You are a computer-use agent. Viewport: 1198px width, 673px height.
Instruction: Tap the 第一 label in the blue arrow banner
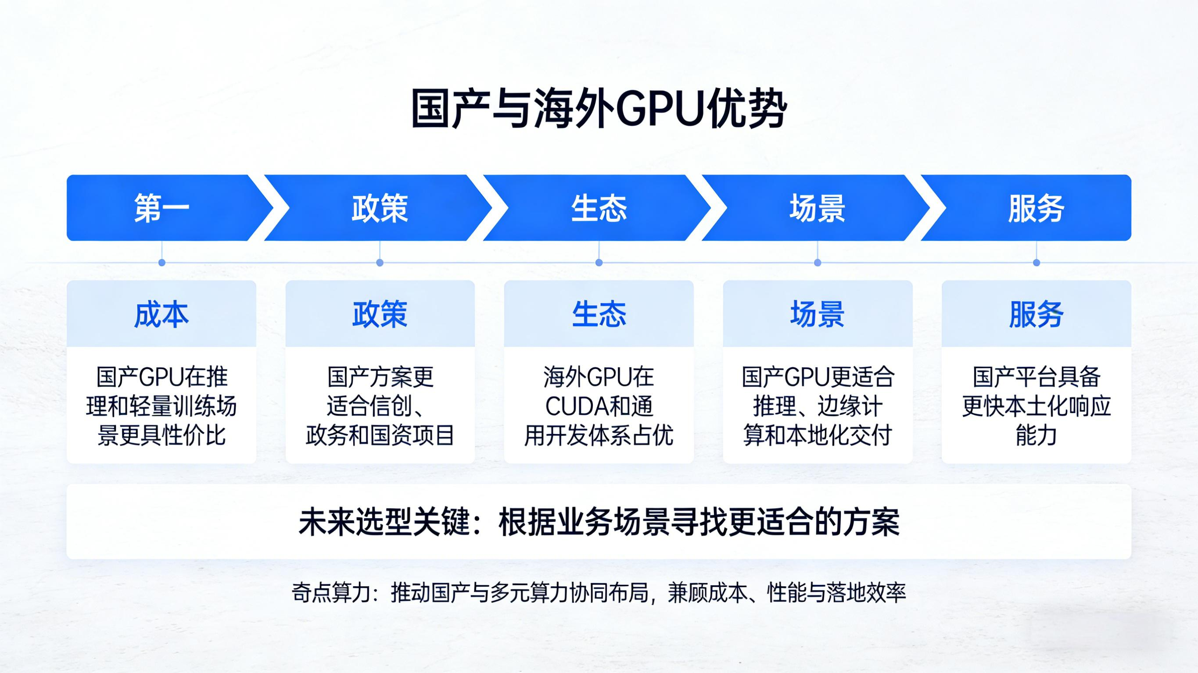pyautogui.click(x=161, y=208)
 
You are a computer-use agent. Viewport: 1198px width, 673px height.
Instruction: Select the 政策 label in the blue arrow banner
pyautogui.click(x=380, y=208)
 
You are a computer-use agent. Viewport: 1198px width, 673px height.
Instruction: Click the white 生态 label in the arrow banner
pyautogui.click(x=599, y=208)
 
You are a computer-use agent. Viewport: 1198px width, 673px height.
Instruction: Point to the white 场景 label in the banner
pyautogui.click(x=817, y=208)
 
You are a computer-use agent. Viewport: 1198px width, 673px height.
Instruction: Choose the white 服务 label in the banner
pyautogui.click(x=1036, y=208)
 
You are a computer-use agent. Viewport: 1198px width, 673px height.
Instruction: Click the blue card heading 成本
pyautogui.click(x=161, y=314)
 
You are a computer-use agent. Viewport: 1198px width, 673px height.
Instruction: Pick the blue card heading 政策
pyautogui.click(x=380, y=314)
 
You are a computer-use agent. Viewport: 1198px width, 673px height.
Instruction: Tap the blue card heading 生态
pyautogui.click(x=599, y=314)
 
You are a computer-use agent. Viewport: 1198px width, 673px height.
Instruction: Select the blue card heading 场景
pyautogui.click(x=817, y=314)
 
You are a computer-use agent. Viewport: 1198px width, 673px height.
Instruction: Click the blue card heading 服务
pyautogui.click(x=1036, y=314)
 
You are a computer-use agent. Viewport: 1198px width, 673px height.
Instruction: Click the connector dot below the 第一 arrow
pyautogui.click(x=162, y=263)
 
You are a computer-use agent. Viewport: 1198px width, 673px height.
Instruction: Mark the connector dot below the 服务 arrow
pyautogui.click(x=1036, y=263)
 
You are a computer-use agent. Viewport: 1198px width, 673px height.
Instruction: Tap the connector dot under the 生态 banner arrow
pyautogui.click(x=599, y=263)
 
